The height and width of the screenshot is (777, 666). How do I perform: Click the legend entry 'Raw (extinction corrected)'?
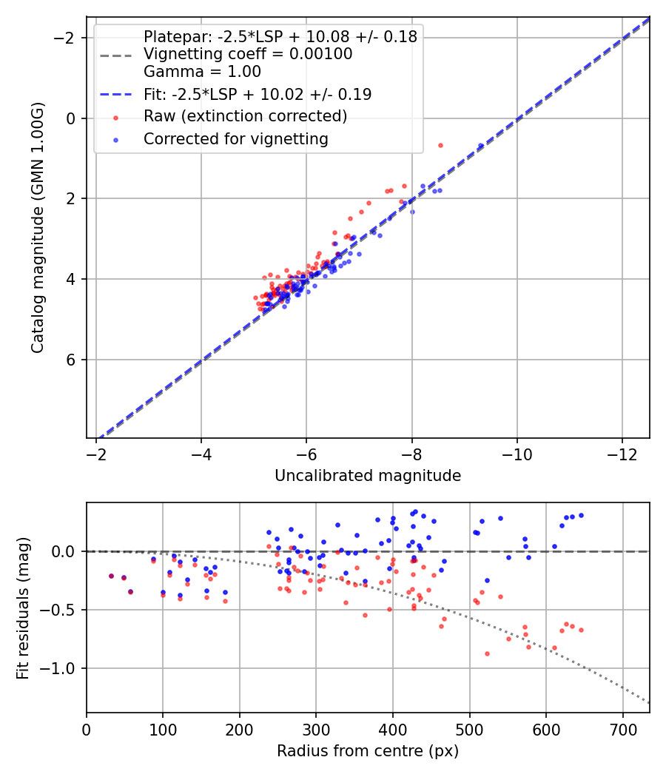[x=245, y=116]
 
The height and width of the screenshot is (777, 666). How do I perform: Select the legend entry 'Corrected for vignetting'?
[x=235, y=138]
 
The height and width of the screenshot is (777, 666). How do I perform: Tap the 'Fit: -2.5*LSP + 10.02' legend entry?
[x=257, y=94]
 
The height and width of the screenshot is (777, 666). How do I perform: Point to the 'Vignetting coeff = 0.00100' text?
[x=248, y=54]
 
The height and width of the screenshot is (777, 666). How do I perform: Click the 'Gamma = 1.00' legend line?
[x=202, y=72]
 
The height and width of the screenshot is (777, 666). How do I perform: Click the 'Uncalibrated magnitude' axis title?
[x=368, y=476]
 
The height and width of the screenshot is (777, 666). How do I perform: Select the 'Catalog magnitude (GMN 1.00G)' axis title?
[x=38, y=228]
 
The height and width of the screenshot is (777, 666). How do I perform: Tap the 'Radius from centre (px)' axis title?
[x=368, y=751]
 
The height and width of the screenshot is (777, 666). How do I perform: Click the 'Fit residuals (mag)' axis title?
[x=23, y=608]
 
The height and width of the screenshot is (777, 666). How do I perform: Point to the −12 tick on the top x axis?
[x=622, y=454]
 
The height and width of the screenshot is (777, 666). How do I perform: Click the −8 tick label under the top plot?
[x=411, y=454]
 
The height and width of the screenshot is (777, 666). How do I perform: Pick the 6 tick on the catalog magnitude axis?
[x=72, y=360]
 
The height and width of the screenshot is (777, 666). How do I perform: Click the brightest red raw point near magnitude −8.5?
[x=440, y=145]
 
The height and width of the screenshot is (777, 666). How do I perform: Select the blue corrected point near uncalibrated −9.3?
[x=481, y=145]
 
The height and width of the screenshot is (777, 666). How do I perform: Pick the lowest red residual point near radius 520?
[x=487, y=653]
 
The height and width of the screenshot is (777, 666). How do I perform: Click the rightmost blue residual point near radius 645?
[x=581, y=515]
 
